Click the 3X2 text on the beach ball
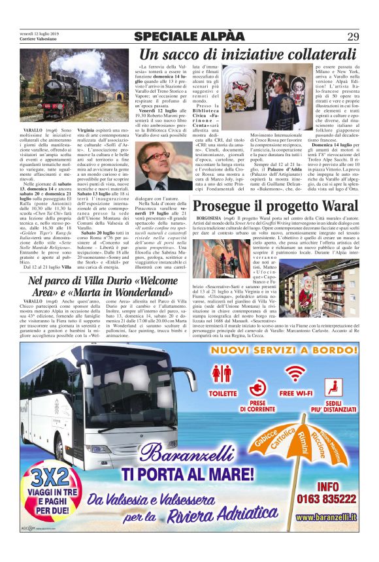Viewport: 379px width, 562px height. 41,474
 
